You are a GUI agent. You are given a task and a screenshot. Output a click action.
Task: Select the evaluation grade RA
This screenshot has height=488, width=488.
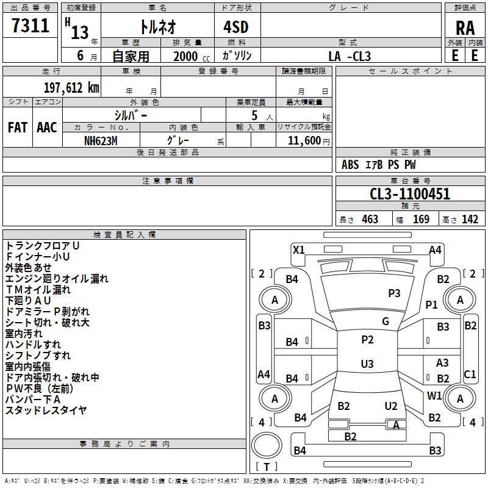point(465,27)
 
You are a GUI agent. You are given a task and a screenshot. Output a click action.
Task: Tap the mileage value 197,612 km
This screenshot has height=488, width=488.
point(71,87)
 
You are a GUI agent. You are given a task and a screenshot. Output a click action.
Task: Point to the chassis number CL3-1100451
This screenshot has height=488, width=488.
point(410,195)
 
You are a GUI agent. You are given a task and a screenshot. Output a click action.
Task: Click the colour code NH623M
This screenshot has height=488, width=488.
point(101,140)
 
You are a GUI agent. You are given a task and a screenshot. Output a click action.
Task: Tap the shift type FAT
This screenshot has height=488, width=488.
point(17,127)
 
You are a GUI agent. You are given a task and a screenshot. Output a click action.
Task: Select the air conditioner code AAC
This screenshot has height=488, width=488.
point(47,127)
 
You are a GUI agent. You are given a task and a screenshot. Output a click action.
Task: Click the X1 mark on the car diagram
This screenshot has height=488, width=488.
point(299,249)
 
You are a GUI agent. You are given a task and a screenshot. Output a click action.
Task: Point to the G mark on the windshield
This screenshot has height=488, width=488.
point(386,321)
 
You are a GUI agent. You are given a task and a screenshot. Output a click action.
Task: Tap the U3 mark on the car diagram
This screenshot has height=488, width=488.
point(367,364)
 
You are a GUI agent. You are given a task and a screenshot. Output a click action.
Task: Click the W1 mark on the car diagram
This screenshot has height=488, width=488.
point(434,395)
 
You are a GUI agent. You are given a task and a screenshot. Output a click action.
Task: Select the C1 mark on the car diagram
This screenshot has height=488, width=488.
point(470,374)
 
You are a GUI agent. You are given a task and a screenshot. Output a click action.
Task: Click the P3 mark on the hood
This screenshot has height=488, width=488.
point(394,293)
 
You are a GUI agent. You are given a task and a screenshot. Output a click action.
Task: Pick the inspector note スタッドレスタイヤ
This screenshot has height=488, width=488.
point(46,411)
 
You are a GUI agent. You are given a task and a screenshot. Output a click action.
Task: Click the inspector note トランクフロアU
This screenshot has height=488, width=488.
point(43,245)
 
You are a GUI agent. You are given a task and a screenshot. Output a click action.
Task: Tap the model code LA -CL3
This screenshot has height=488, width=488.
point(350,56)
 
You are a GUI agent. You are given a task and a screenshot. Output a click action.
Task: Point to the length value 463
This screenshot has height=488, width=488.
point(370,219)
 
